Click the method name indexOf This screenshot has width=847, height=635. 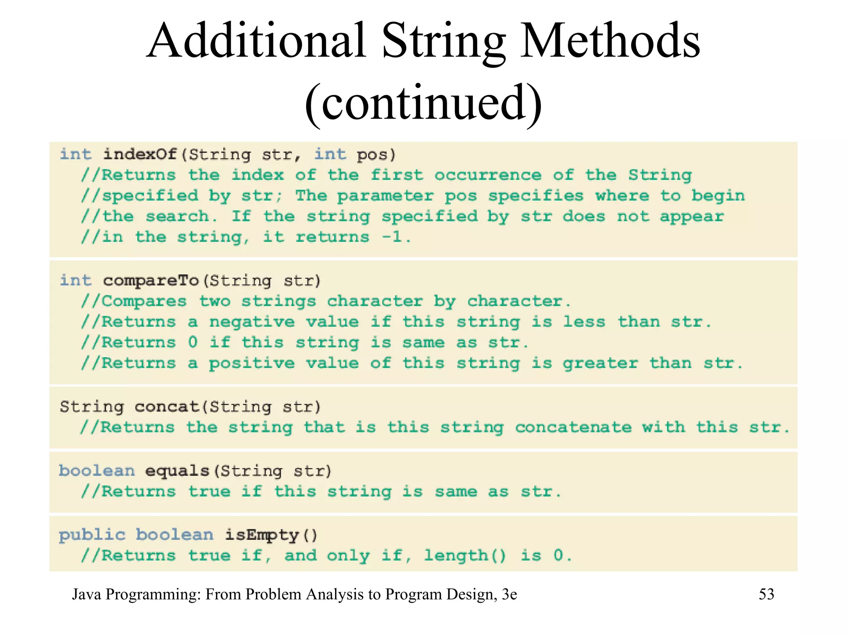coord(140,155)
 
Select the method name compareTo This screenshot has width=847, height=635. coord(151,281)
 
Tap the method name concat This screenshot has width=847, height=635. coord(167,407)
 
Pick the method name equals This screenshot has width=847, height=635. coord(177,471)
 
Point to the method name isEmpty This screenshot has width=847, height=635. coord(262,535)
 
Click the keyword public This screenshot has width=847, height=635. coord(92,535)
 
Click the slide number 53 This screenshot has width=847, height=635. coord(766,594)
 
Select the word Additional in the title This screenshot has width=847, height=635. coord(256,41)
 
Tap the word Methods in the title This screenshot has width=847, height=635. coord(610,41)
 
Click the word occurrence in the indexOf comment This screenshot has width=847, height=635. coord(488,175)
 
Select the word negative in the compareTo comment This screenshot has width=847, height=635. coord(252,322)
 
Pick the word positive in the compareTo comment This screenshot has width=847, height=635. coord(252,364)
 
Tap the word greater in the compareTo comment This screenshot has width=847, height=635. coord(600,364)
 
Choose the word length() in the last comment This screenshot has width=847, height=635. coord(465,556)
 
